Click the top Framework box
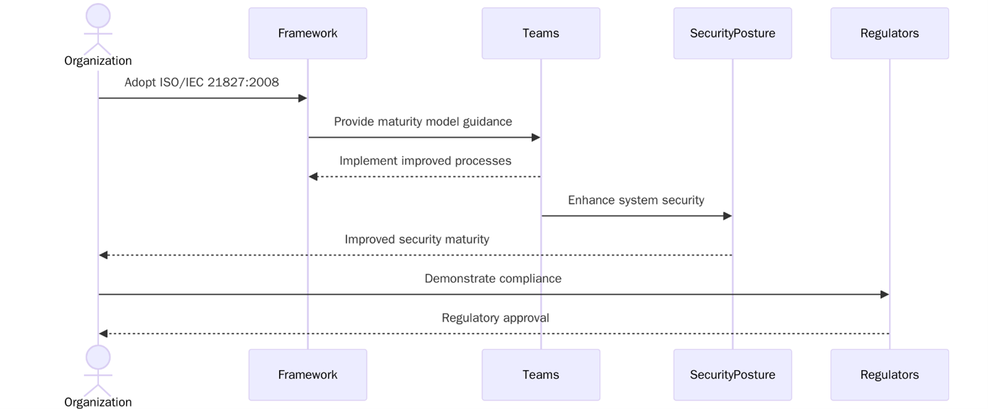(x=307, y=33)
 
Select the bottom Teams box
(x=540, y=375)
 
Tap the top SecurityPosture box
(x=732, y=33)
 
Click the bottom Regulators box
(x=889, y=375)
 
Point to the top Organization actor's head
(x=98, y=15)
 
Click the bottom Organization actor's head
(x=98, y=357)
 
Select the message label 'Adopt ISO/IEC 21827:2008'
(x=201, y=82)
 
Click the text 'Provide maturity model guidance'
(x=423, y=122)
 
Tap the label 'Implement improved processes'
(x=425, y=161)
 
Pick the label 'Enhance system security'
(x=636, y=200)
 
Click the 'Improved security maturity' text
(x=416, y=239)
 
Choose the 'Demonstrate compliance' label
(x=492, y=279)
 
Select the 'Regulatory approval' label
(x=495, y=318)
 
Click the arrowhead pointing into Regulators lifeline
(x=884, y=295)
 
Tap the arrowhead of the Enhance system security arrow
(x=727, y=216)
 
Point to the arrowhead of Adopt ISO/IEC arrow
(x=303, y=98)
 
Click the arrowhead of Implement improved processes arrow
(x=313, y=177)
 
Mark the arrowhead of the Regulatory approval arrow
(x=103, y=334)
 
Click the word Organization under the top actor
(x=98, y=61)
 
